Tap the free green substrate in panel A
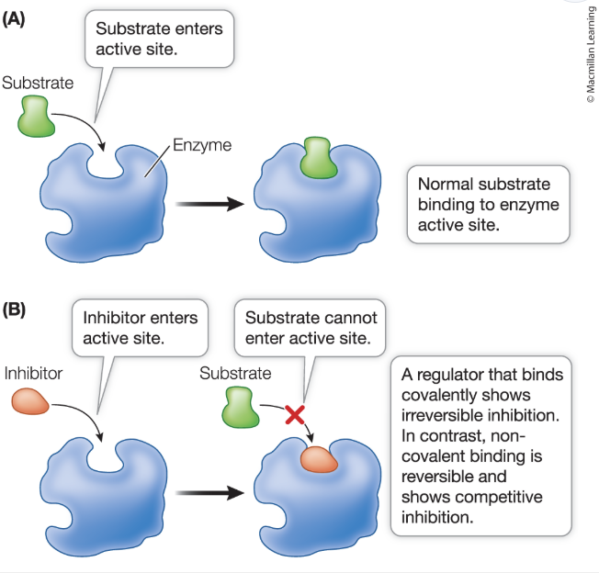[x=36, y=117]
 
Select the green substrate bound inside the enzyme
[x=317, y=158]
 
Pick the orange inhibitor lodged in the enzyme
[x=319, y=457]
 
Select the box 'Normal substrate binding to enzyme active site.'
[x=488, y=203]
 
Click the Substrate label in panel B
[x=235, y=374]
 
